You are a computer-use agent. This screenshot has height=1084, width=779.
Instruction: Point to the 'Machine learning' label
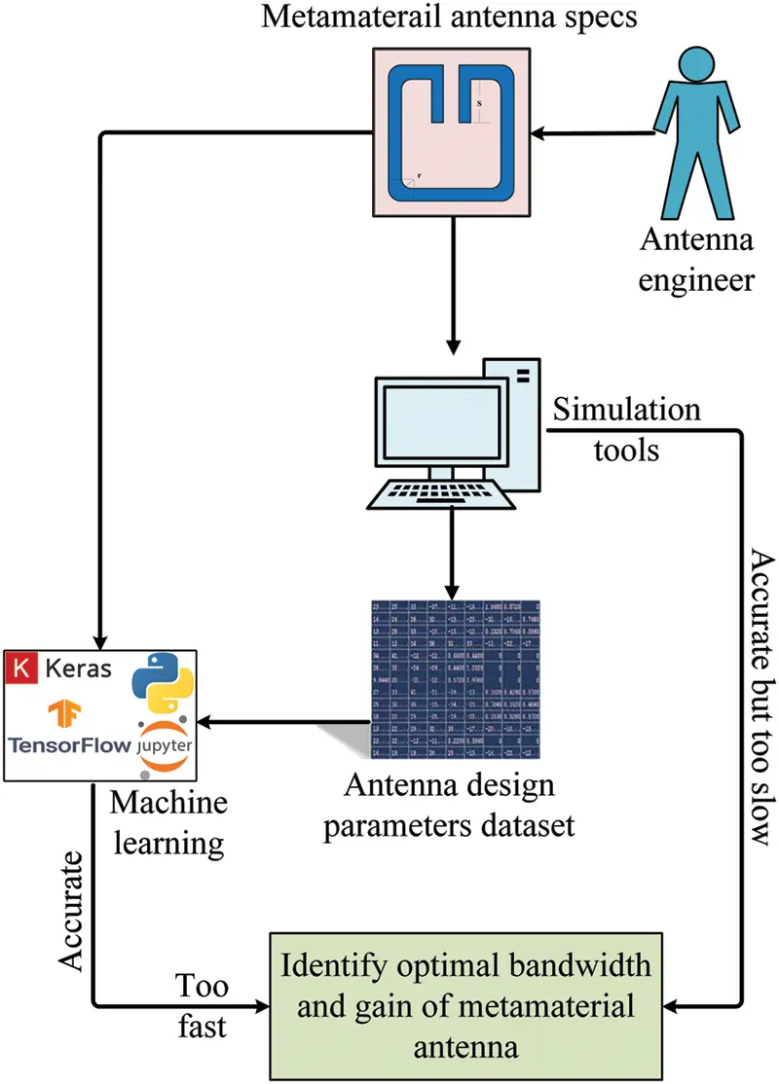point(168,823)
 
